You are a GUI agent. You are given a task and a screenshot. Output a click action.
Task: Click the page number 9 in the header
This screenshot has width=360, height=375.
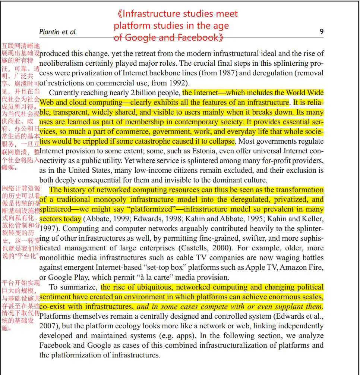(x=321, y=32)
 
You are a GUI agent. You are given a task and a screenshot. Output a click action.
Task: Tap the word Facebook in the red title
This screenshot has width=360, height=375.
(x=198, y=38)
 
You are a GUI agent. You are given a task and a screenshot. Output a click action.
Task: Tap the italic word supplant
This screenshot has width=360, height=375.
(x=279, y=307)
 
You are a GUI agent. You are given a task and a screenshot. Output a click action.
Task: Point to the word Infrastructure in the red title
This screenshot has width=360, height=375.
(x=154, y=14)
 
